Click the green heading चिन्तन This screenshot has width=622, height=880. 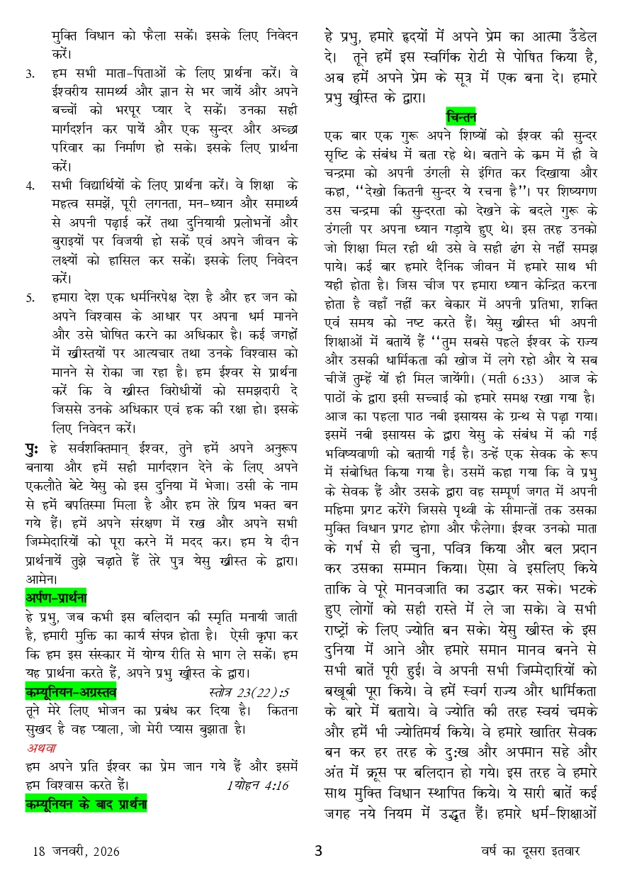point(461,116)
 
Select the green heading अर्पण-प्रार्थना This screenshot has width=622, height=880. point(56,598)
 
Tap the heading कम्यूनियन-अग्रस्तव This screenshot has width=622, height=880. point(71,690)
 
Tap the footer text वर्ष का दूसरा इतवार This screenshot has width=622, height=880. point(527,851)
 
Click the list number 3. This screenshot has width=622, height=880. point(30,73)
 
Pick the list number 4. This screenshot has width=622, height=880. point(30,186)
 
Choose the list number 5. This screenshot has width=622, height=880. point(30,298)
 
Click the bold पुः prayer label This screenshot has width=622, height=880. point(33,449)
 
